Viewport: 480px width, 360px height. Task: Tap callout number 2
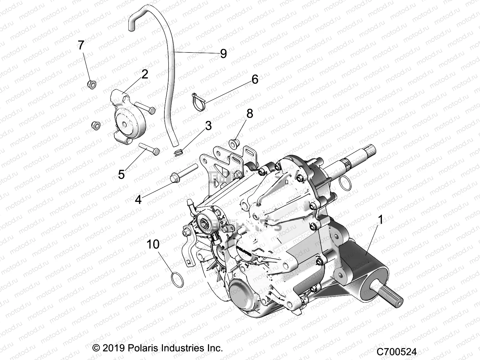(145, 74)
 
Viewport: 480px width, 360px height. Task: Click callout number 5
(121, 174)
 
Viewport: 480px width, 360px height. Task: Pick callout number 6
(254, 79)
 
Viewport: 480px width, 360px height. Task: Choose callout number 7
(81, 45)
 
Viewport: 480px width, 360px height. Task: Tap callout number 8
(249, 114)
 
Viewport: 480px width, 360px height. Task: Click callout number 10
(153, 244)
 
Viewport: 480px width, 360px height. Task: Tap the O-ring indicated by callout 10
(177, 277)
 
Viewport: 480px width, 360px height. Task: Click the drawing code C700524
(397, 351)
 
